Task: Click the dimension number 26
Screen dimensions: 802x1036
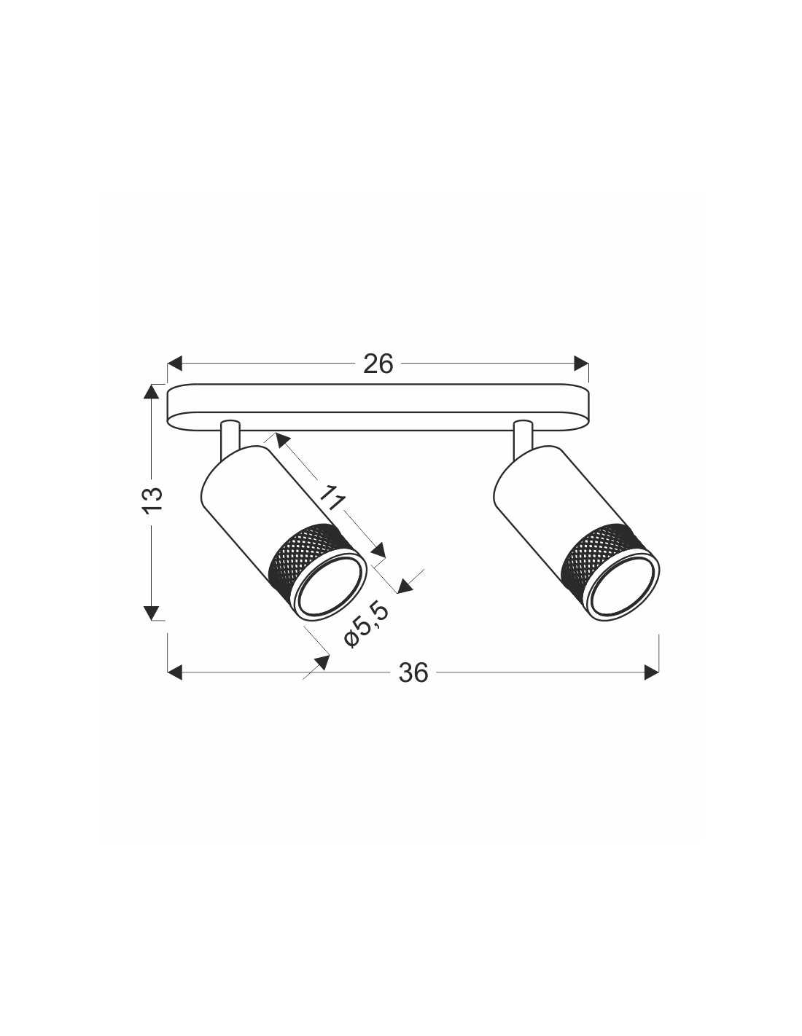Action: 378,364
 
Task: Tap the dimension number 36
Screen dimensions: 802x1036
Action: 413,672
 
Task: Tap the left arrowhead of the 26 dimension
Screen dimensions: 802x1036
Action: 175,364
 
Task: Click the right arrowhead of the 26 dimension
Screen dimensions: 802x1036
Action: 581,364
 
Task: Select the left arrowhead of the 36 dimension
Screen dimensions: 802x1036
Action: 175,672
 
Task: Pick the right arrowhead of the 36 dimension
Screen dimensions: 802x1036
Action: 651,672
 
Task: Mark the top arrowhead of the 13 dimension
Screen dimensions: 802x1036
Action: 151,392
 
